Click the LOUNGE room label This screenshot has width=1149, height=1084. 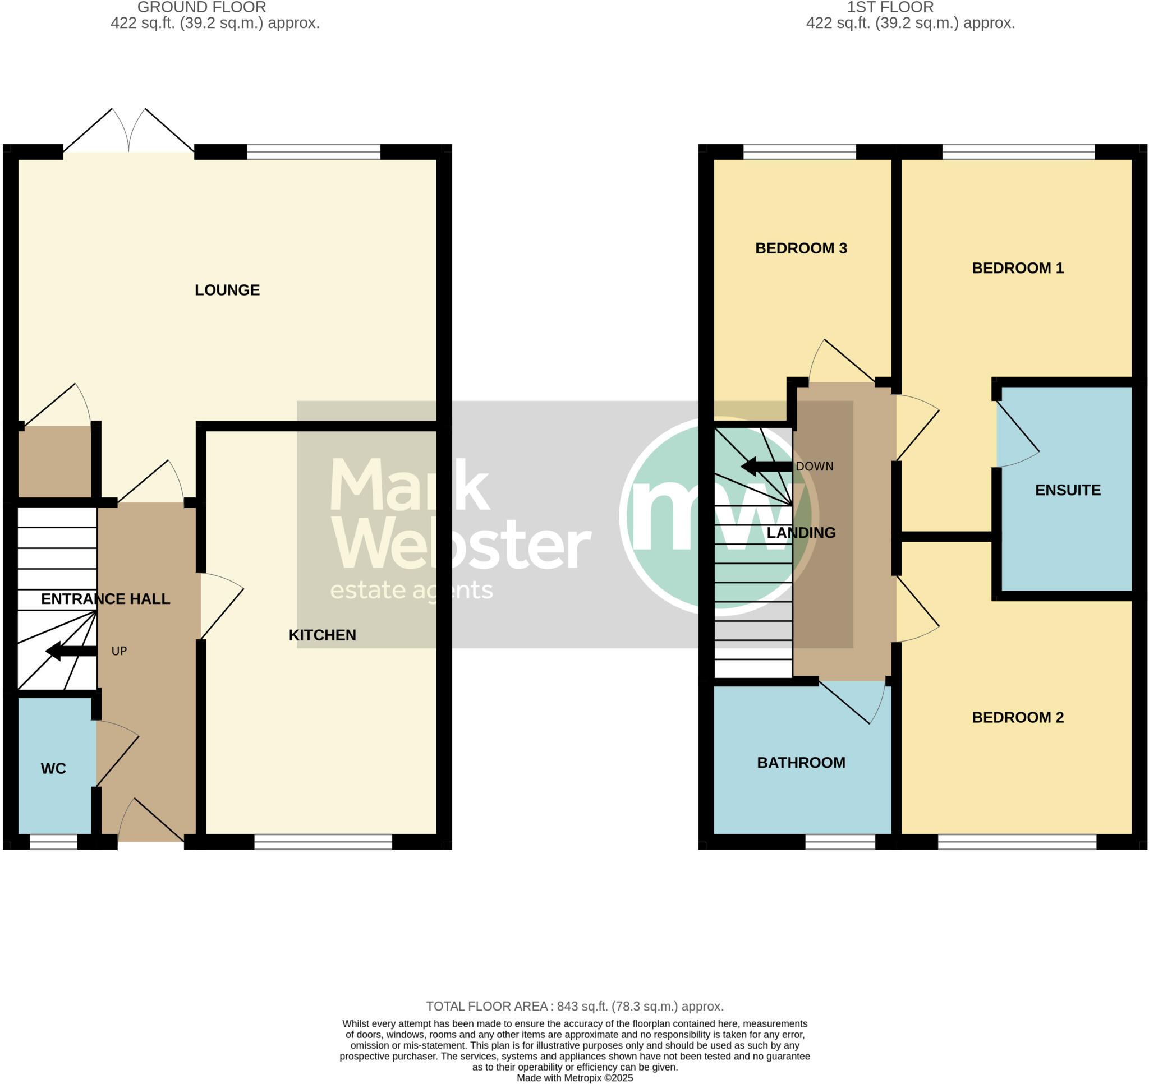pos(227,290)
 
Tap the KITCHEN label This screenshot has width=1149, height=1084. pos(322,635)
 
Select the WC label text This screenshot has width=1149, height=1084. pos(53,768)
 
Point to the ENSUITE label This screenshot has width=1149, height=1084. pos(1068,490)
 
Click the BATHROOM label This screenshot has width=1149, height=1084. pos(801,763)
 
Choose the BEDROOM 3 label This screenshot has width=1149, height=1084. pos(801,248)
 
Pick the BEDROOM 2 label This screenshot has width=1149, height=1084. pos(1017,718)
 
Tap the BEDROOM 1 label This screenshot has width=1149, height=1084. pos(1017,268)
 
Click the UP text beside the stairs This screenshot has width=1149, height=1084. pos(119,651)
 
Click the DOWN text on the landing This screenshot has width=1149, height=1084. pos(815,467)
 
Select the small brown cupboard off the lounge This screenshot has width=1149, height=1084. pos(54,461)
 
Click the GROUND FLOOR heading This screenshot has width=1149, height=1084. pos(202,7)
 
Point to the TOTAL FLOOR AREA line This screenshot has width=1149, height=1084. pos(574,1006)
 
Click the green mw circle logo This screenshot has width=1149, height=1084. pos(716,516)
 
